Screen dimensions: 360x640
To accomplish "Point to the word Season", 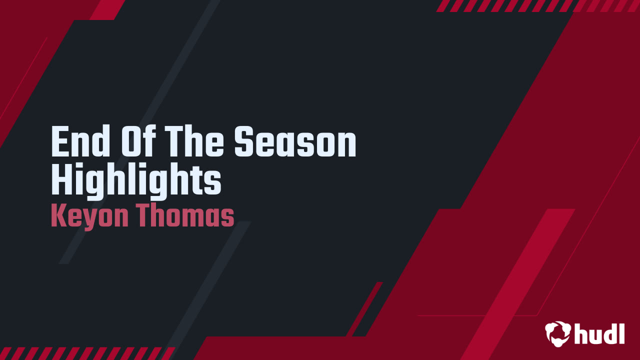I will pos(295,142).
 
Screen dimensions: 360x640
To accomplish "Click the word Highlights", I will pos(136,181).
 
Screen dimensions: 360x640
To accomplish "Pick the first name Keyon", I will pos(90,216).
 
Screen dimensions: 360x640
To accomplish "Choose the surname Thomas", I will pos(186,216).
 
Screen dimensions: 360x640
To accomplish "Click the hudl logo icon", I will pos(558,333).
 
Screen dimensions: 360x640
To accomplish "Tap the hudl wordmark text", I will pos(599,333).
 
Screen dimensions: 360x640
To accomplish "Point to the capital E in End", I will pos(59,142).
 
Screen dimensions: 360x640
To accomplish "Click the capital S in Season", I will pos(244,142).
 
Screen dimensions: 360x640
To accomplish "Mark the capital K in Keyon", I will pos(58,216).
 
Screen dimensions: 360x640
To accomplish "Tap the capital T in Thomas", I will pos(145,216).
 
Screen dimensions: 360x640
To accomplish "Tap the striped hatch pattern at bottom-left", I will pos(85,353).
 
